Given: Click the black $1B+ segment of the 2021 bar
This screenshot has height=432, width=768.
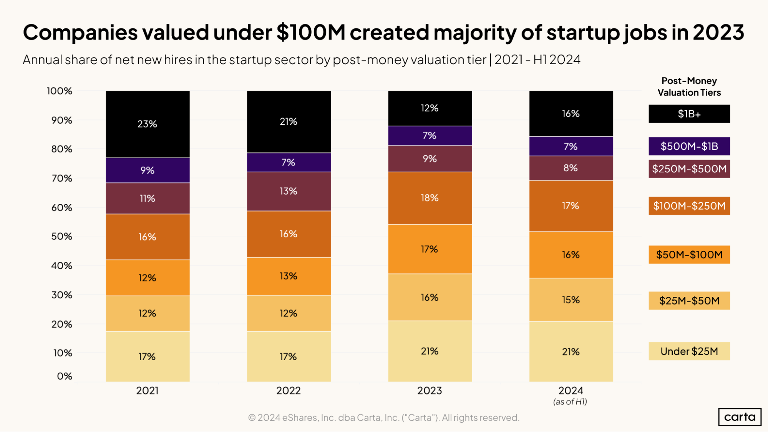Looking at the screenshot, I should tap(148, 124).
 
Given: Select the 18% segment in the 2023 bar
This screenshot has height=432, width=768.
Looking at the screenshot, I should tap(430, 198).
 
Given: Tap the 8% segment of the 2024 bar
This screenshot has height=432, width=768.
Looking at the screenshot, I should tap(571, 168).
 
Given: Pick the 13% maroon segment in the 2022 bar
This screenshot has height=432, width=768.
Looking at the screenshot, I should tap(289, 191).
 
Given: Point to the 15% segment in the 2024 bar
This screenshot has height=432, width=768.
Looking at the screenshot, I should tap(571, 300).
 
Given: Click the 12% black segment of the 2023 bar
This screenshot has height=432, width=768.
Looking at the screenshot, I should tap(430, 108).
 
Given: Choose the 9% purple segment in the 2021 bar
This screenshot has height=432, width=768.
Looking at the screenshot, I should tap(148, 170).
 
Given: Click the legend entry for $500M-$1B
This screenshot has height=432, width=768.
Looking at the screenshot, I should tap(689, 146).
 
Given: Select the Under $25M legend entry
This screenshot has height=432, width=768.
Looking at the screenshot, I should tap(689, 351).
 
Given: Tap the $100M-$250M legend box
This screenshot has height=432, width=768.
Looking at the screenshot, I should tap(689, 206).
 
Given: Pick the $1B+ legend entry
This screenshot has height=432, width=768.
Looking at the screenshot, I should tap(689, 114).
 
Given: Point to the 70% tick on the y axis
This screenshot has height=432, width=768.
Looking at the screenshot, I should tap(62, 178).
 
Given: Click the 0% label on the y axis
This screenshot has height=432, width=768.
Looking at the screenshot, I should tap(65, 376).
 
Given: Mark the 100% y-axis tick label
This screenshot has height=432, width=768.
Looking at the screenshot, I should tap(60, 91).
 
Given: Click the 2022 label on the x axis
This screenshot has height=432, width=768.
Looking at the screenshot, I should tap(289, 391).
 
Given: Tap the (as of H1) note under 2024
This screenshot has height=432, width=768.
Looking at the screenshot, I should tap(570, 402).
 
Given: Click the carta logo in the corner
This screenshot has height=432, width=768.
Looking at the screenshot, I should tap(740, 417).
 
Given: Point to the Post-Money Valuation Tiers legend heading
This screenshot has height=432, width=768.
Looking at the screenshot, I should tap(689, 87).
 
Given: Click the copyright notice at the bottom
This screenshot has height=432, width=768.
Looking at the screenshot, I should tap(383, 418).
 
